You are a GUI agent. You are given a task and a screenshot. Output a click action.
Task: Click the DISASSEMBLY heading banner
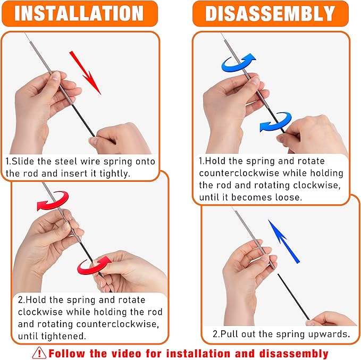tap(270, 13)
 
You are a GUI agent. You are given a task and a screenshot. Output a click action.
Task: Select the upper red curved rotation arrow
tap(52, 202)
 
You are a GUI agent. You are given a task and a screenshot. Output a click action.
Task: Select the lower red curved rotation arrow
tap(94, 264)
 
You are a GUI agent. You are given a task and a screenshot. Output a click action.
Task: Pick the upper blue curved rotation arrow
tap(239, 62)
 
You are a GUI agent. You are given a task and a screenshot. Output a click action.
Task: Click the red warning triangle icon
tap(39, 353)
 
